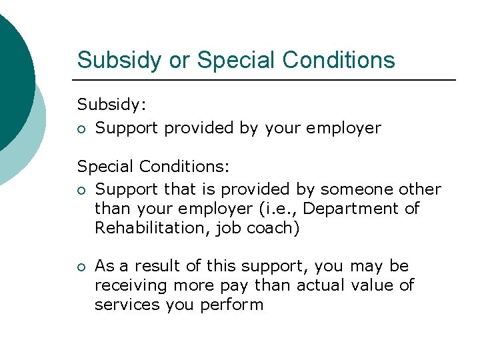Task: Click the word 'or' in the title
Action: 179,60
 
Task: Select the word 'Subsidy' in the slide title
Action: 119,60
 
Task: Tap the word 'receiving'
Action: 131,286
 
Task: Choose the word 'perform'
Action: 233,305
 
